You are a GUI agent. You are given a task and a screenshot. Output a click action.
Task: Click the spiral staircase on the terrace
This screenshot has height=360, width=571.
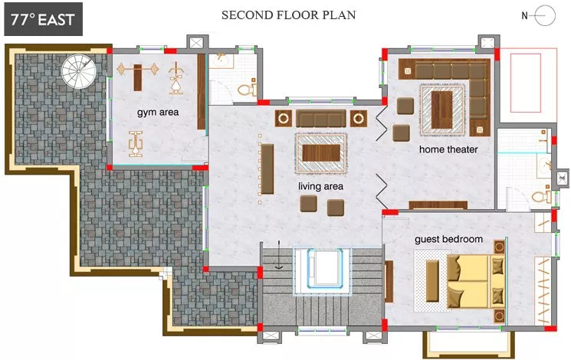(x=78, y=71)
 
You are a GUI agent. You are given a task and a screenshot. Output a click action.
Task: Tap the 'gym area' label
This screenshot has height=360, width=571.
(x=158, y=112)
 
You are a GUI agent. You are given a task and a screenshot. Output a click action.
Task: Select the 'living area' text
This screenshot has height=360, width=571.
(x=320, y=186)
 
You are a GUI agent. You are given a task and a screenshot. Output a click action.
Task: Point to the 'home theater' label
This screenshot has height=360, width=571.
(x=448, y=149)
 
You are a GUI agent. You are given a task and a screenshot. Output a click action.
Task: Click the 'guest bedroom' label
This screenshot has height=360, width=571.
(x=448, y=239)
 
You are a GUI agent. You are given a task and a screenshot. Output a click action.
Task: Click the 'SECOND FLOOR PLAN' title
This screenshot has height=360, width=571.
(x=289, y=15)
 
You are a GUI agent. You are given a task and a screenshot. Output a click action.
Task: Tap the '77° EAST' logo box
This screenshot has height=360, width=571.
(x=44, y=19)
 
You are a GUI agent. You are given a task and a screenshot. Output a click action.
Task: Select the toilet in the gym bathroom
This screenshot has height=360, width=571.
(x=247, y=89)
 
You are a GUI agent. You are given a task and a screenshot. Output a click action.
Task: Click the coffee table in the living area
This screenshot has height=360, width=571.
(x=321, y=152)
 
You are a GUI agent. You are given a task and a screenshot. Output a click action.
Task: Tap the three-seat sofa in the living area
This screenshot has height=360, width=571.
(x=321, y=118)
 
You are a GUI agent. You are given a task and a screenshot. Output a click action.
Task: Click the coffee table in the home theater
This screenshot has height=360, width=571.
(x=441, y=110)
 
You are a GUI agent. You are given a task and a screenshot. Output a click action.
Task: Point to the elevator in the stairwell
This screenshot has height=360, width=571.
(x=323, y=268)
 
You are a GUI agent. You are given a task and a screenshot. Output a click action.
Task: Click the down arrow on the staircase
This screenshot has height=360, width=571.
(x=279, y=255)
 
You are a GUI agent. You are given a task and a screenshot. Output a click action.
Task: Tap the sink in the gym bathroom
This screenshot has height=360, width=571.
(x=221, y=61)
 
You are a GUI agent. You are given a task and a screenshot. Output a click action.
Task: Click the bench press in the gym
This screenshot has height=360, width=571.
(x=138, y=77)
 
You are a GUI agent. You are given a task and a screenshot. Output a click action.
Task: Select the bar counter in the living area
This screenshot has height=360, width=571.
(x=267, y=169)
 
